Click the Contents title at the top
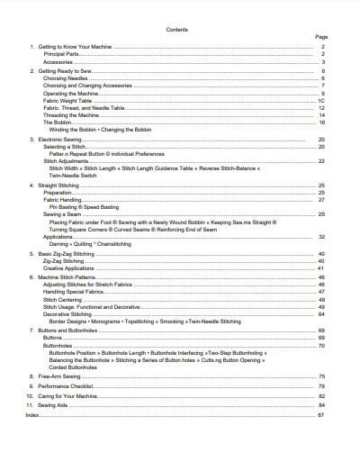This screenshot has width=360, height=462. [x=177, y=30]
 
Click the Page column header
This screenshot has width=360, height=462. [x=320, y=37]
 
